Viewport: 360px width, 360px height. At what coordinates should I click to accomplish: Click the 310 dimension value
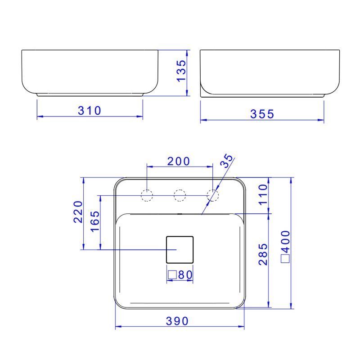click(x=90, y=110)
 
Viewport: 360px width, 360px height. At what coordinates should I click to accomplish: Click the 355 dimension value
click(x=262, y=114)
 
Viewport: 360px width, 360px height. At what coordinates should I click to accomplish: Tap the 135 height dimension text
click(x=180, y=71)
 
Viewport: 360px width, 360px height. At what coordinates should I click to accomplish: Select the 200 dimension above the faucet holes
click(x=179, y=161)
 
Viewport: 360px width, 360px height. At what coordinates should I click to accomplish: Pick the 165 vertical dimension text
click(x=95, y=220)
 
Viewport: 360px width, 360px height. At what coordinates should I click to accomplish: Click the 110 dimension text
click(x=264, y=194)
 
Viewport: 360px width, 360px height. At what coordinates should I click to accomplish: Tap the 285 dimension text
click(x=264, y=255)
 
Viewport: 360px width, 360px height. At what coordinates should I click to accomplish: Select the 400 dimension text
click(x=286, y=242)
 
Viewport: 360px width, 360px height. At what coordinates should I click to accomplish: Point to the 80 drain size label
click(x=184, y=274)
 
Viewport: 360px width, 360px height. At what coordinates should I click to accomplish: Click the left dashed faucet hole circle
click(x=147, y=195)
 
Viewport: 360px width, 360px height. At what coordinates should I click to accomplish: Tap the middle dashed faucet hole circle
click(x=180, y=195)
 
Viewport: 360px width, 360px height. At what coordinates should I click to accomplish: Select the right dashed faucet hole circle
click(x=212, y=195)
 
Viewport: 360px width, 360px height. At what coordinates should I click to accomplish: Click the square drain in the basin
click(x=180, y=249)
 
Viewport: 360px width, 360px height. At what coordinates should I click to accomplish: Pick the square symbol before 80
click(x=171, y=274)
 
